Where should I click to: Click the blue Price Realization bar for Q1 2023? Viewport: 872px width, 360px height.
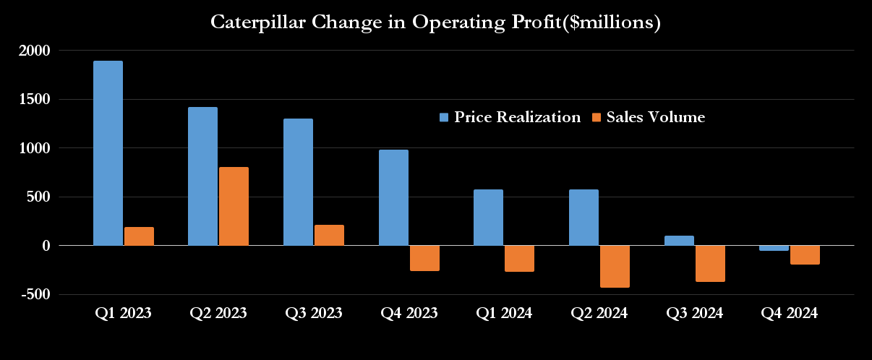point(108,153)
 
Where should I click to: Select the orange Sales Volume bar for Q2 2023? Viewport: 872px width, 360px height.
point(234,206)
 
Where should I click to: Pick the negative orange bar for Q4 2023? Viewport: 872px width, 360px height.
point(424,258)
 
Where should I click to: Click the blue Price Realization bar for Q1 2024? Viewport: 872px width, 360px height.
point(488,218)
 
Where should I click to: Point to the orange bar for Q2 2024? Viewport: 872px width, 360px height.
point(615,266)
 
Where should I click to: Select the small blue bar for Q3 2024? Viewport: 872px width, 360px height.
point(678,241)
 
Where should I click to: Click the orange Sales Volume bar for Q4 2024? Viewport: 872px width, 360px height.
point(805,254)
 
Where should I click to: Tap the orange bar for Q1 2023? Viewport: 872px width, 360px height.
point(139,236)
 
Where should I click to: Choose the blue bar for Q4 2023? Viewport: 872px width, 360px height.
point(393,197)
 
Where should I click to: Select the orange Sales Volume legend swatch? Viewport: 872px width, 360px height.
point(597,117)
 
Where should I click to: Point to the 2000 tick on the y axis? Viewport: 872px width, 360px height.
point(34,51)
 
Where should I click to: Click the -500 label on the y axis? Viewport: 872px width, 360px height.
point(34,294)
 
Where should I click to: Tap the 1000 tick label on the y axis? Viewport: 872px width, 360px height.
point(34,148)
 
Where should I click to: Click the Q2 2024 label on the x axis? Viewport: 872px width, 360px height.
point(599,314)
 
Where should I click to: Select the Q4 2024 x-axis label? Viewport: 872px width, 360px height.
point(790,314)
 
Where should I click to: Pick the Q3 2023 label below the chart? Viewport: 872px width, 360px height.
point(314,314)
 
